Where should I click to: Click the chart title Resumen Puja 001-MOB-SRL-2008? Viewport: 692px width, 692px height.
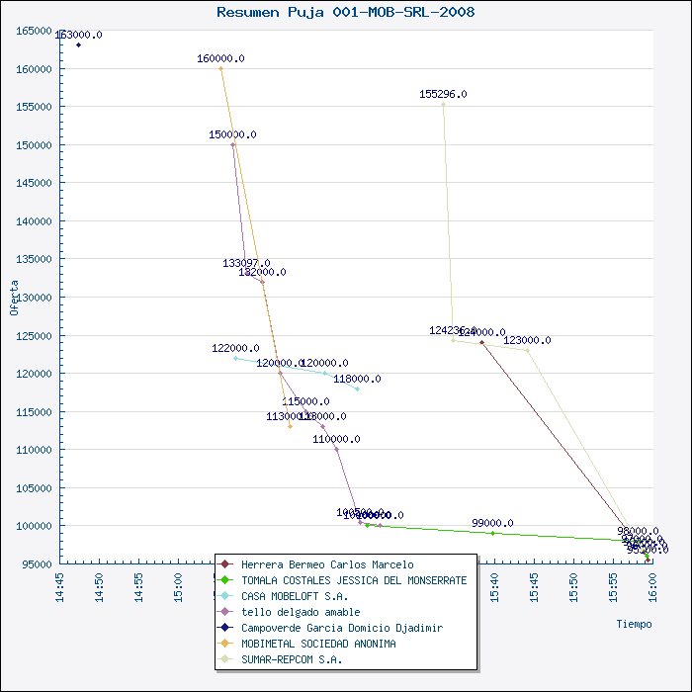(x=345, y=12)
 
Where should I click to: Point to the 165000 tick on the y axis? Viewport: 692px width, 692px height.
(x=34, y=31)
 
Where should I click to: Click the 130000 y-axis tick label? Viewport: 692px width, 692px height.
(x=34, y=297)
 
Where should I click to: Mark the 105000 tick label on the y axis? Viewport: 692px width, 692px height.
(x=34, y=487)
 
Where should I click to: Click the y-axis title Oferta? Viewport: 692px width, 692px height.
(x=14, y=297)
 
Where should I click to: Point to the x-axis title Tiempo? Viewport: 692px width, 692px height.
(x=634, y=624)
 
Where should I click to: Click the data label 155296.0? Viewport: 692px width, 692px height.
(x=443, y=94)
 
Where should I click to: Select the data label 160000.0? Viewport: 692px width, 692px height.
(x=220, y=58)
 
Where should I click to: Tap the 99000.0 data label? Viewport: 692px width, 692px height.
(x=492, y=523)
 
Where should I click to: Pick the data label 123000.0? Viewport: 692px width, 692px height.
(x=527, y=340)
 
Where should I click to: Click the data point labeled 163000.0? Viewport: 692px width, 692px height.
(x=78, y=44)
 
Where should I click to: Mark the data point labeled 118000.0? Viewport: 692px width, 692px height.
(x=357, y=389)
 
